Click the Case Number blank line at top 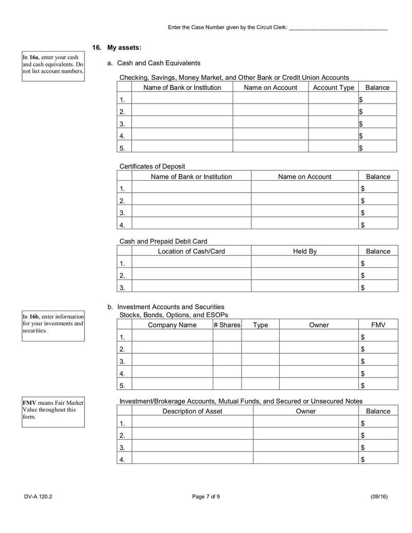click(x=338, y=28)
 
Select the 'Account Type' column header click(x=333, y=88)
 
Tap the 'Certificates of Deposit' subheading click(x=152, y=166)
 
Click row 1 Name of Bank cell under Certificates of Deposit click(x=191, y=189)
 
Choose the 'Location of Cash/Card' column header click(x=191, y=251)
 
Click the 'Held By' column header click(x=304, y=251)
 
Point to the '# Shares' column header click(x=227, y=325)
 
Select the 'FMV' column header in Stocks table click(x=378, y=325)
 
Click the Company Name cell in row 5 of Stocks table click(x=172, y=385)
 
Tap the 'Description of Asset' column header click(x=192, y=411)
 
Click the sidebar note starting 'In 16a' click(x=53, y=64)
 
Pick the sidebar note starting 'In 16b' click(x=53, y=323)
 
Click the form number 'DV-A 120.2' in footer click(x=38, y=497)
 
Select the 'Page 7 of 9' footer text click(x=206, y=497)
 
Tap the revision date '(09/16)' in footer click(x=379, y=497)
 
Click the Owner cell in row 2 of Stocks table click(x=319, y=349)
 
